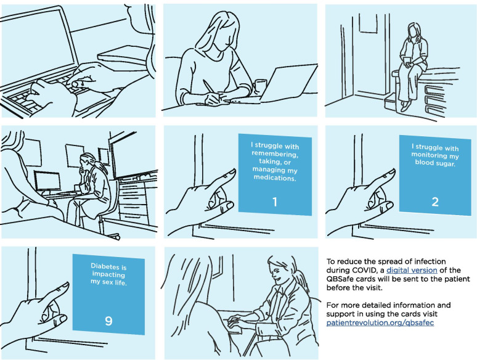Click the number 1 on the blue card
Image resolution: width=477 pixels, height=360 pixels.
pos(275,202)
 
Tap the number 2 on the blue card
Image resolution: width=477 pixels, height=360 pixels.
pos(435,202)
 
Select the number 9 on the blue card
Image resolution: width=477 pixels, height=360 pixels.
pos(108,321)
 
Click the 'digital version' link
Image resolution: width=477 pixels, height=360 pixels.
pos(412,270)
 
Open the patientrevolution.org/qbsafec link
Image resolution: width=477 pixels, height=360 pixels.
pos(380,322)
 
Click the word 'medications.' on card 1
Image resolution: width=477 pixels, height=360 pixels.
pos(275,178)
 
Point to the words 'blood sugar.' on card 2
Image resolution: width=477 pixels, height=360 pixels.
pos(435,163)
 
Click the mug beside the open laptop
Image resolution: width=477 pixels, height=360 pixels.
pos(259,86)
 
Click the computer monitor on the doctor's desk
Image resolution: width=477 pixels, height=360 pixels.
pos(47,182)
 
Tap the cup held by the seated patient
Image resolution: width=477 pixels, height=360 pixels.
pos(406,60)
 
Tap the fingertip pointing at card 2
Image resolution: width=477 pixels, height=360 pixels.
pos(392,172)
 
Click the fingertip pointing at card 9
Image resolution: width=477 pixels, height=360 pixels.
pos(65,285)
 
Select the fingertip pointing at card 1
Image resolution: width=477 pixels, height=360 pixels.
pos(232,172)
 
